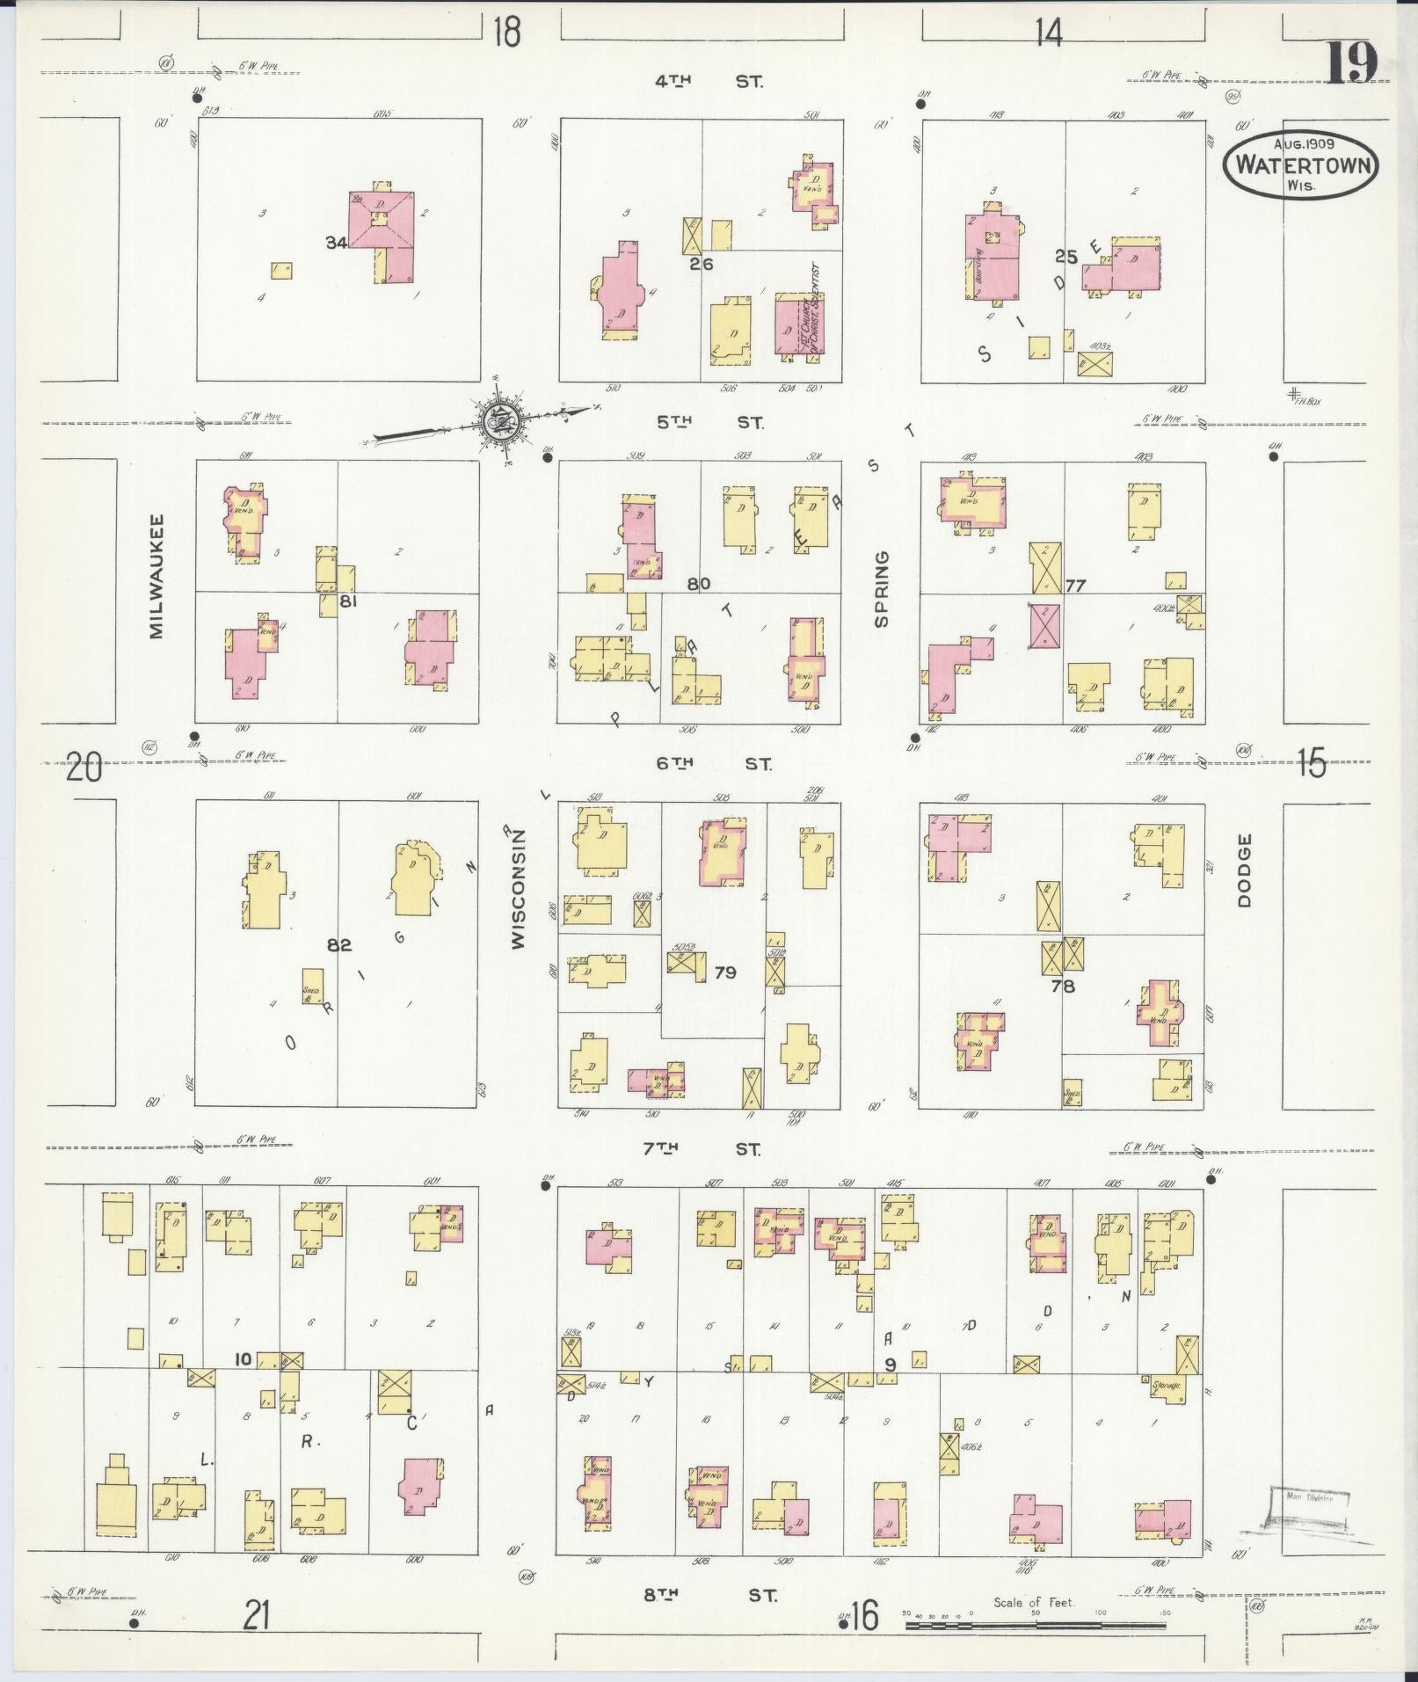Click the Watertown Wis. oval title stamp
coord(1300,164)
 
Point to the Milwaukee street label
coord(157,576)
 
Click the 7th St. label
coord(708,1148)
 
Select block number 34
coord(336,243)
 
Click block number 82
coord(339,945)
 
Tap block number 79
coord(725,972)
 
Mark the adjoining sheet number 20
coord(84,768)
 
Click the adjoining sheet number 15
coord(1311,763)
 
